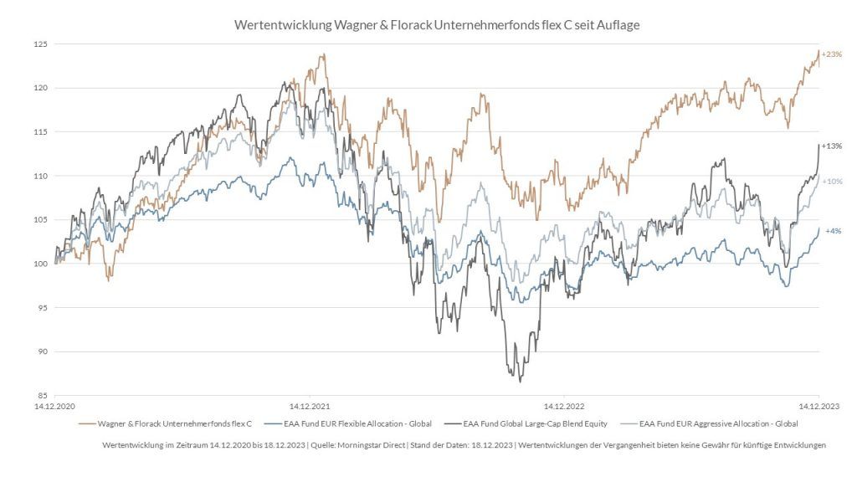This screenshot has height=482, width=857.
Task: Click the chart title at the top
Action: point(436,25)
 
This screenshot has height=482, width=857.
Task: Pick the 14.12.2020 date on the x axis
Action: point(55,406)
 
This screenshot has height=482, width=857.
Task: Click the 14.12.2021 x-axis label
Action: point(310,406)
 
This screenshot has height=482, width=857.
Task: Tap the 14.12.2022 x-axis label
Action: point(564,406)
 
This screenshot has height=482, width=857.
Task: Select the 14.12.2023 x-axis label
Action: point(818,406)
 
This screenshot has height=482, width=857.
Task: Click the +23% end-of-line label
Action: point(831,54)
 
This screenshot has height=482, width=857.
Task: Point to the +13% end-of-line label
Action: point(831,146)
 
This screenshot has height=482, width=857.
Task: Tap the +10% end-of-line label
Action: point(832,182)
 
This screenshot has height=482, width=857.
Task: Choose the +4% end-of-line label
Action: point(833,231)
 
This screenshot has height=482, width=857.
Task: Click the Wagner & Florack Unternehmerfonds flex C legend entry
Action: point(174,424)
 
